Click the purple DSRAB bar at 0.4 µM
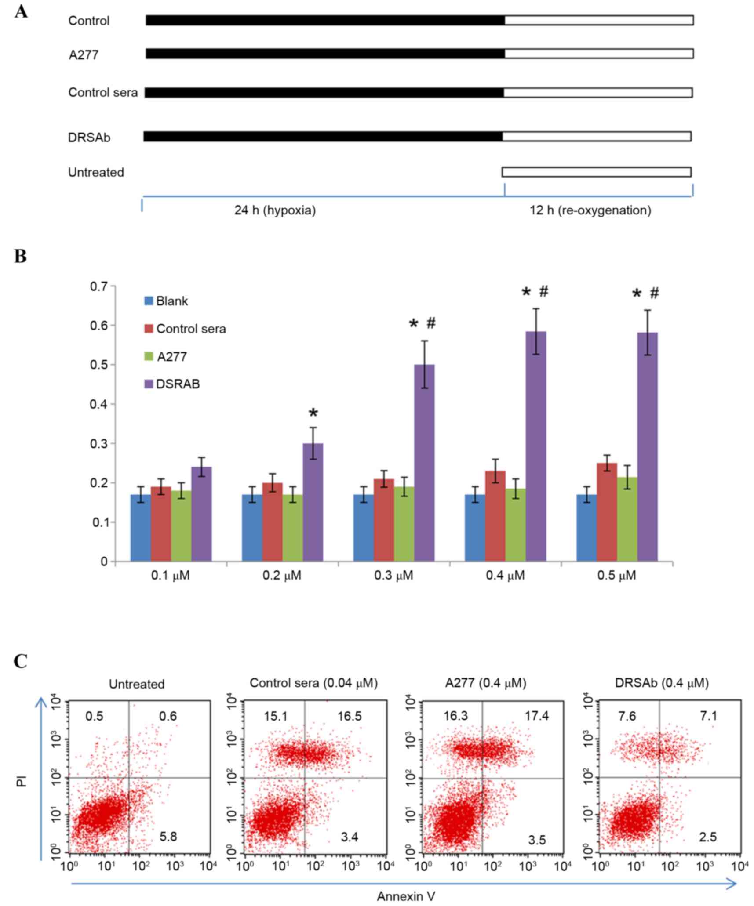coord(536,446)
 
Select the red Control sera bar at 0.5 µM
coord(607,512)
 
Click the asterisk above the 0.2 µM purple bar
coord(313,413)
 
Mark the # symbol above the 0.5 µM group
coord(654,293)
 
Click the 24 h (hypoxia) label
coord(275,210)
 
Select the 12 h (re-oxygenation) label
coord(590,210)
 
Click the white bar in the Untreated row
coord(596,172)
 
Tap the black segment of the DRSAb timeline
coord(323,137)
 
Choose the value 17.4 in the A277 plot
coord(536,716)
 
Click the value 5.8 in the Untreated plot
coord(168,836)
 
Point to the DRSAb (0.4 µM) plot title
coord(661,683)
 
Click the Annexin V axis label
coord(406,896)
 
